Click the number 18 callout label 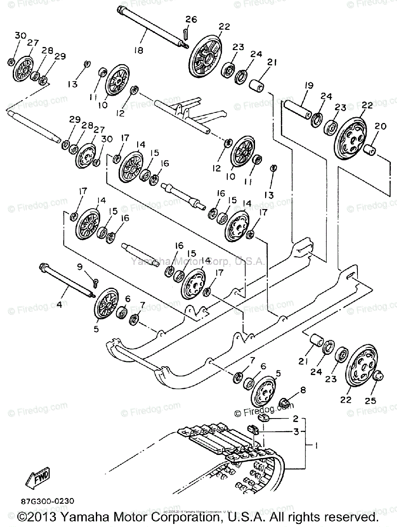click(x=138, y=50)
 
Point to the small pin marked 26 click(x=186, y=32)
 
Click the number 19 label click(x=307, y=86)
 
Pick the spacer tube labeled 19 click(x=299, y=110)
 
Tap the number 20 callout click(x=380, y=126)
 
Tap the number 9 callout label click(x=80, y=267)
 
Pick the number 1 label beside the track click(x=315, y=445)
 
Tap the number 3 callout click(x=296, y=432)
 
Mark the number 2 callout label click(x=295, y=419)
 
